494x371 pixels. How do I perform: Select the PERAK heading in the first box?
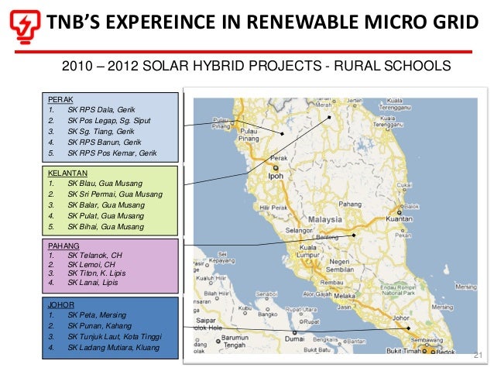60,100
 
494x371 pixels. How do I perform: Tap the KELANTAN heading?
67,172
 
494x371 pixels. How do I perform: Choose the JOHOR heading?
61,305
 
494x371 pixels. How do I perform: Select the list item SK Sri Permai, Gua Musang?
115,194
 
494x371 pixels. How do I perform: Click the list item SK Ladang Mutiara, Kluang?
113,348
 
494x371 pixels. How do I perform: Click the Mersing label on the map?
467,286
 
